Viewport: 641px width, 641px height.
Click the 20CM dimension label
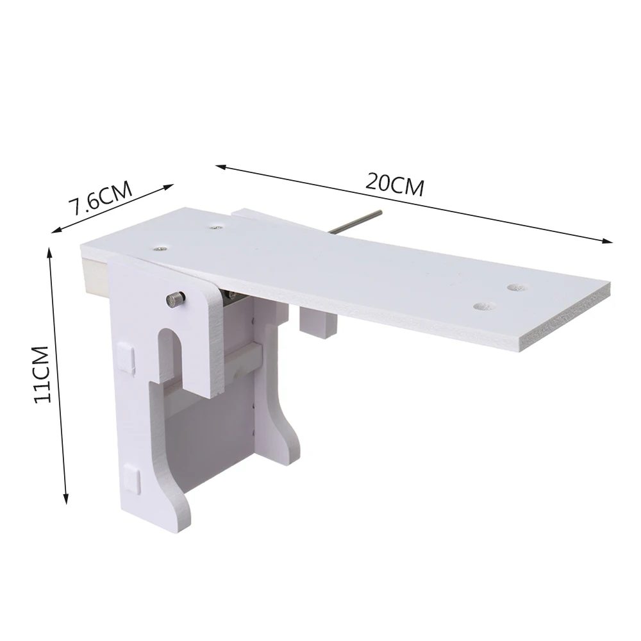(x=394, y=185)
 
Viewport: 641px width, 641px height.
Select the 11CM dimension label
(x=42, y=374)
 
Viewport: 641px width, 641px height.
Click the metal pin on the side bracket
(x=176, y=299)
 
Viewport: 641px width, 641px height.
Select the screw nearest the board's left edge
(x=158, y=247)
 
